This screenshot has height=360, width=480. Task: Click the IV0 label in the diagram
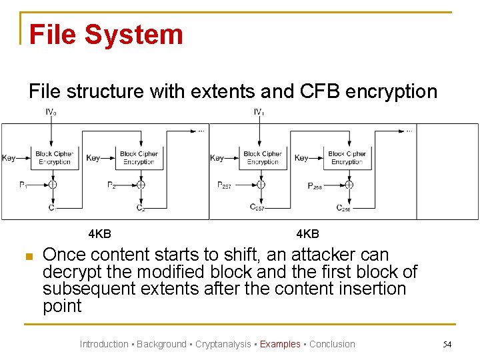pyautogui.click(x=51, y=112)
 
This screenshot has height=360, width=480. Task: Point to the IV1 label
pyautogui.click(x=259, y=112)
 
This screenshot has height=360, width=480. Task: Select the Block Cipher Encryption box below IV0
pyautogui.click(x=54, y=158)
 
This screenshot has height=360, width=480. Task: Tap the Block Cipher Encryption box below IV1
pyautogui.click(x=262, y=158)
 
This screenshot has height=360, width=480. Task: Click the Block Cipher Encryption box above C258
pyautogui.click(x=347, y=158)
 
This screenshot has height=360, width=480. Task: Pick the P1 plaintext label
pyautogui.click(x=24, y=185)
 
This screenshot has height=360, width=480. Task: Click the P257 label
pyautogui.click(x=225, y=185)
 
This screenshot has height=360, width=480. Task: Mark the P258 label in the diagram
pyautogui.click(x=315, y=187)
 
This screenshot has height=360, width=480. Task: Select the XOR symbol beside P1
pyautogui.click(x=53, y=185)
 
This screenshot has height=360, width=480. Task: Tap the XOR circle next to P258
pyautogui.click(x=348, y=185)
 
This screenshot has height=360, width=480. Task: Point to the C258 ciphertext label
pyautogui.click(x=343, y=208)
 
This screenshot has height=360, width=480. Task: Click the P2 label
pyautogui.click(x=111, y=185)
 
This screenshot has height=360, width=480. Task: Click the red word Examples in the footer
pyautogui.click(x=280, y=344)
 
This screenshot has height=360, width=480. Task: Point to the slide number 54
pyautogui.click(x=447, y=344)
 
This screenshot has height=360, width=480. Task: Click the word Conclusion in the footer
pyautogui.click(x=332, y=344)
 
